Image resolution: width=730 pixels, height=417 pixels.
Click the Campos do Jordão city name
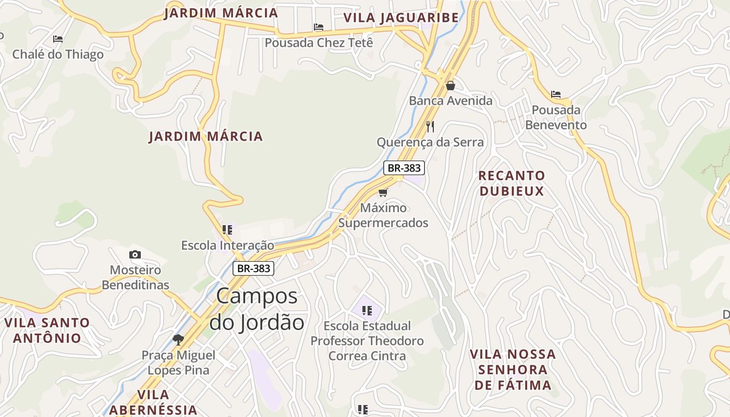257,309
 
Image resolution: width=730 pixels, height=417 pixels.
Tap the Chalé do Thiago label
58,54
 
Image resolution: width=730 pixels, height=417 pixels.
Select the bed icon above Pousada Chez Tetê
319,27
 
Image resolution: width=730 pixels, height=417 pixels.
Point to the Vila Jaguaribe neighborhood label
401,18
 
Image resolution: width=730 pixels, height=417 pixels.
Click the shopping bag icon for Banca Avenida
451,85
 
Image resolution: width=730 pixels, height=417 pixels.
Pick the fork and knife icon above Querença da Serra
430,126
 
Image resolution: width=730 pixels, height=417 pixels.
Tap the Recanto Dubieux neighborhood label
512,183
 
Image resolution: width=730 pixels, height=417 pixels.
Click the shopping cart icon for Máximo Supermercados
383,192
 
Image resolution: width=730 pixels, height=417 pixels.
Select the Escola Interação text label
227,245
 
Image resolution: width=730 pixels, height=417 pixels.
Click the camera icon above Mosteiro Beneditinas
135,254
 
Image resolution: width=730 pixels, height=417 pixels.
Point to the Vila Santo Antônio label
47,330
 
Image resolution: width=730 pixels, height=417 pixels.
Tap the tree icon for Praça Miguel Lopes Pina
178,340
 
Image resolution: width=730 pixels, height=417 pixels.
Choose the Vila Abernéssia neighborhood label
153,402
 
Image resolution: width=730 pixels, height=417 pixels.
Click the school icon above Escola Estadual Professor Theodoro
367,311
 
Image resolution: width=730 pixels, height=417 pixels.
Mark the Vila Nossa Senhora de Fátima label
513,370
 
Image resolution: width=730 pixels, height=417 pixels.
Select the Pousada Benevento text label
556,118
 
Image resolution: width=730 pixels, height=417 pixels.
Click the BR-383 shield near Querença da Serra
404,168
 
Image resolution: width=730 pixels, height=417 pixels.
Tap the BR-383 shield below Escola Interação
253,268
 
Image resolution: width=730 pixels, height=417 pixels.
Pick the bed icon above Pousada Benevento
556,94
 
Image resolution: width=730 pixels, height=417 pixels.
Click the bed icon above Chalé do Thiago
58,39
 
